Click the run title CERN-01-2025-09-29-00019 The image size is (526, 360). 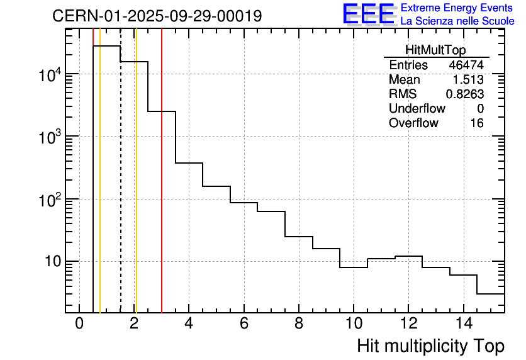pos(157,16)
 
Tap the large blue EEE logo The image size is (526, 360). pos(368,14)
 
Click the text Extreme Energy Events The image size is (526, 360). pos(457,8)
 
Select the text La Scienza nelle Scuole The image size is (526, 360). pos(457,21)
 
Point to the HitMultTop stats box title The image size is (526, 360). pos(436,51)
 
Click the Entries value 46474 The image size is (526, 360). pos(466,65)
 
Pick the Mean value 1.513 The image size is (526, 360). pos(468,80)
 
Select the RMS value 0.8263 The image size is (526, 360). pos(464,94)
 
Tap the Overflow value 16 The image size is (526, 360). pos(477,123)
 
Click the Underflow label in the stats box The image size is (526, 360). pos(417,109)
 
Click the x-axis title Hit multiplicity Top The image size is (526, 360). pos(430,346)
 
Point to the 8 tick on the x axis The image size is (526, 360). pos(299,324)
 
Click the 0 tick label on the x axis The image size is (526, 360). pos(79,324)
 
